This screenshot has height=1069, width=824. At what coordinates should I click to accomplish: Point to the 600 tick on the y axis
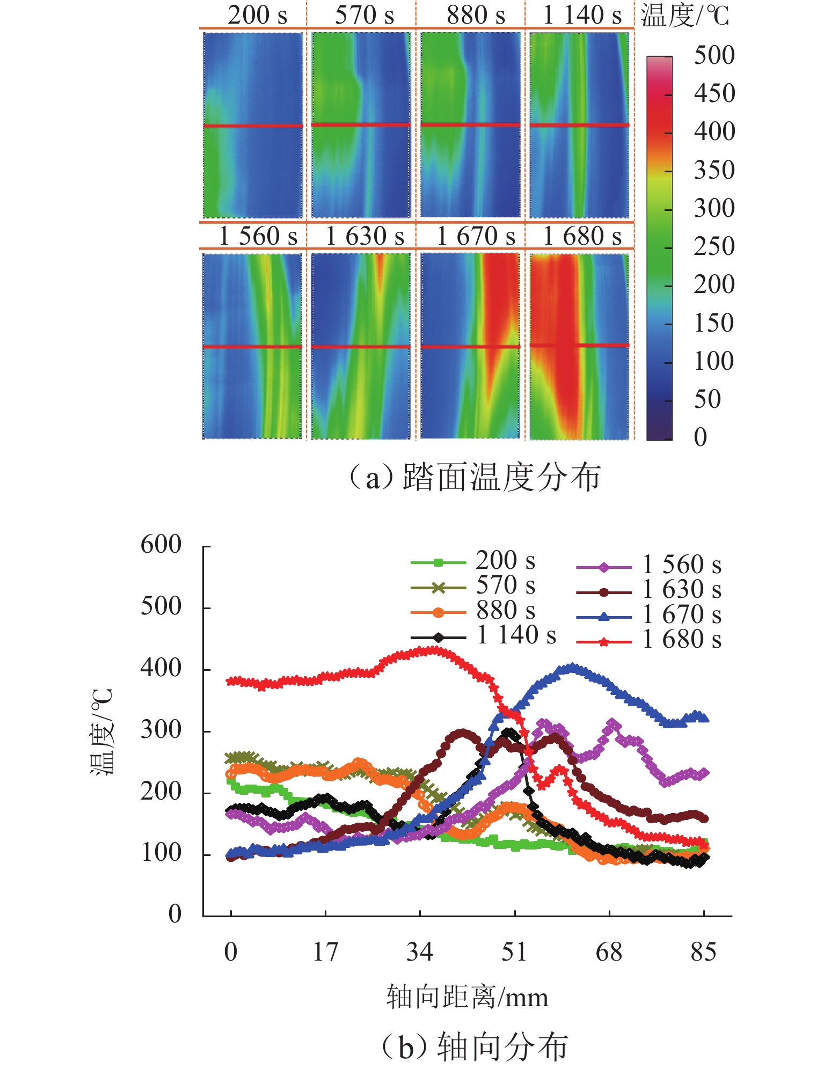(x=161, y=545)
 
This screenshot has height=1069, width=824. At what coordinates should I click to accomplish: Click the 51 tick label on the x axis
(x=514, y=952)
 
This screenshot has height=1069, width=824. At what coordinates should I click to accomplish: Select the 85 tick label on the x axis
(x=703, y=952)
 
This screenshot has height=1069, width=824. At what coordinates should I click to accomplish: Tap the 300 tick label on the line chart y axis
(x=161, y=730)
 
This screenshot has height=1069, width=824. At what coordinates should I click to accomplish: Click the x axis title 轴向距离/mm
(x=467, y=997)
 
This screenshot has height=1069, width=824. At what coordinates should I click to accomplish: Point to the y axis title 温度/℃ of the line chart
(x=102, y=731)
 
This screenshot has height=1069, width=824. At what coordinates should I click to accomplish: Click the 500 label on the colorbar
(x=714, y=56)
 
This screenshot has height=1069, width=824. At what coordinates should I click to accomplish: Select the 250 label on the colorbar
(x=714, y=247)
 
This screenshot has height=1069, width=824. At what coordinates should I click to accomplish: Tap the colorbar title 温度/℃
(x=685, y=16)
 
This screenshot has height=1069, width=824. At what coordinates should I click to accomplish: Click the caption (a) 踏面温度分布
(x=475, y=478)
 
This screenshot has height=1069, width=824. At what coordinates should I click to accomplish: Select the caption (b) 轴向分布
(x=475, y=1046)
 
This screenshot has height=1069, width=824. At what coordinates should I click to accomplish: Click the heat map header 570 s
(x=364, y=15)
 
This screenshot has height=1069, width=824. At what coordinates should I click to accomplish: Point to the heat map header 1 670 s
(x=476, y=236)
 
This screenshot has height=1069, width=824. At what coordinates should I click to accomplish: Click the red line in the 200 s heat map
(x=253, y=126)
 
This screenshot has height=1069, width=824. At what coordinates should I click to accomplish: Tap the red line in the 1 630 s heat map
(x=361, y=347)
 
